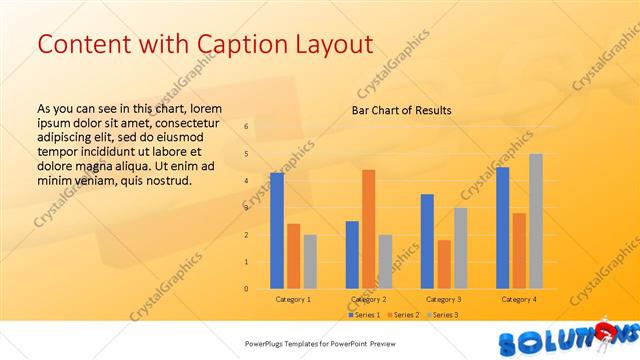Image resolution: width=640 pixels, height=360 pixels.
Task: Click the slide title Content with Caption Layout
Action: pyautogui.click(x=204, y=45)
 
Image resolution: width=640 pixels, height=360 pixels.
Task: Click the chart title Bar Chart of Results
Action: pyautogui.click(x=401, y=110)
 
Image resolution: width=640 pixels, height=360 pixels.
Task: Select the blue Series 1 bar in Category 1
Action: pyautogui.click(x=276, y=231)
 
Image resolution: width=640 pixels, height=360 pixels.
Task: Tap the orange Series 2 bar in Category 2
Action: pyautogui.click(x=368, y=229)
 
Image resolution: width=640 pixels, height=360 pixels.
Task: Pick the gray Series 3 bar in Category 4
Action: pyautogui.click(x=536, y=221)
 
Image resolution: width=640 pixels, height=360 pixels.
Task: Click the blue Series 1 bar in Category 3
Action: pyautogui.click(x=427, y=241)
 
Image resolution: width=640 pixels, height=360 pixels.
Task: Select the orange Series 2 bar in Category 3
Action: pyautogui.click(x=444, y=264)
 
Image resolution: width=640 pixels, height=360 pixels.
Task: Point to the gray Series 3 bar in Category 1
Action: pyautogui.click(x=310, y=261)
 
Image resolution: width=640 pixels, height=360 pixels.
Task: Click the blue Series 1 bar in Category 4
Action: pyautogui.click(x=502, y=228)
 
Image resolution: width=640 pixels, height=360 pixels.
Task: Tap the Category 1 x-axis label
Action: pyautogui.click(x=293, y=299)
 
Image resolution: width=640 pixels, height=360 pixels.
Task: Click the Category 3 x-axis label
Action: pyautogui.click(x=444, y=299)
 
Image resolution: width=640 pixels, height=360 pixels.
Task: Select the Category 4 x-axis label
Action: pyautogui.click(x=519, y=299)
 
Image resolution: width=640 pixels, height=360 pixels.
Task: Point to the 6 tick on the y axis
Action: pyautogui.click(x=246, y=126)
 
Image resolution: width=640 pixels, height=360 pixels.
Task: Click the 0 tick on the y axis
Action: pyautogui.click(x=246, y=289)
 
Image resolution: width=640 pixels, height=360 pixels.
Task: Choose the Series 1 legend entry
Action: pyautogui.click(x=366, y=315)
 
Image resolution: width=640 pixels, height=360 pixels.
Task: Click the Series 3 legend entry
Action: pyautogui.click(x=444, y=315)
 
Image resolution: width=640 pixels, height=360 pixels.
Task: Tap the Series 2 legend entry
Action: pyautogui.click(x=405, y=315)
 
